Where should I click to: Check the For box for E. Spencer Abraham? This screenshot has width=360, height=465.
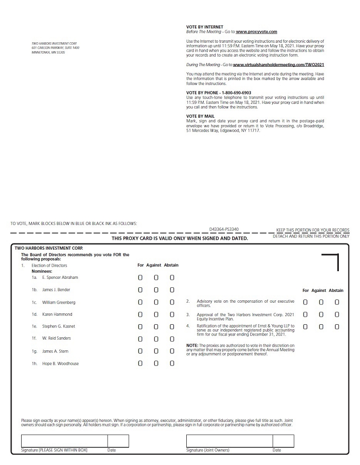pyautogui.click(x=140, y=278)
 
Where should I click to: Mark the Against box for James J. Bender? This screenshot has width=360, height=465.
pyautogui.click(x=156, y=290)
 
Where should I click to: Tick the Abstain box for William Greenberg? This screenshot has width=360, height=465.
pyautogui.click(x=172, y=302)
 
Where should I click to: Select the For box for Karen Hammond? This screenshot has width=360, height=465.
pyautogui.click(x=140, y=314)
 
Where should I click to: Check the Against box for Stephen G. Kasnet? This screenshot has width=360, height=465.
pyautogui.click(x=156, y=326)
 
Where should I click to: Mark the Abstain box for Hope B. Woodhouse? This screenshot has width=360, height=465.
pyautogui.click(x=172, y=363)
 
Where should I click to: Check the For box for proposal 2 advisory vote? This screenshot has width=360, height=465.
pyautogui.click(x=306, y=302)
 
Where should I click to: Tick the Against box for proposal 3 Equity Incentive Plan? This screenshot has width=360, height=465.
pyautogui.click(x=321, y=314)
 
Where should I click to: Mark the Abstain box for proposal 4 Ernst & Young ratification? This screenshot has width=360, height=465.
pyautogui.click(x=337, y=326)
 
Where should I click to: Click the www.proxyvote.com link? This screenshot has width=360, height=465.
pyautogui.click(x=256, y=32)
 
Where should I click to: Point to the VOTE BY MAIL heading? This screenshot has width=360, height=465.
pyautogui.click(x=200, y=116)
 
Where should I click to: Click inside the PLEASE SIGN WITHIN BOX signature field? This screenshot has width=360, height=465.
pyautogui.click(x=64, y=441)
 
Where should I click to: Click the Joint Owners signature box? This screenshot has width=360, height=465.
pyautogui.click(x=229, y=441)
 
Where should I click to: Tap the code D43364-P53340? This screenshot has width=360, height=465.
pyautogui.click(x=224, y=229)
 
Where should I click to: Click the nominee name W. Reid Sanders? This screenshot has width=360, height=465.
pyautogui.click(x=56, y=338)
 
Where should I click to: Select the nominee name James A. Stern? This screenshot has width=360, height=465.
pyautogui.click(x=55, y=351)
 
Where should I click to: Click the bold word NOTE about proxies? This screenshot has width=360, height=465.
pyautogui.click(x=192, y=345)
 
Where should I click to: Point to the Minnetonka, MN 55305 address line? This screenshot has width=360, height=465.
pyautogui.click(x=48, y=52)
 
